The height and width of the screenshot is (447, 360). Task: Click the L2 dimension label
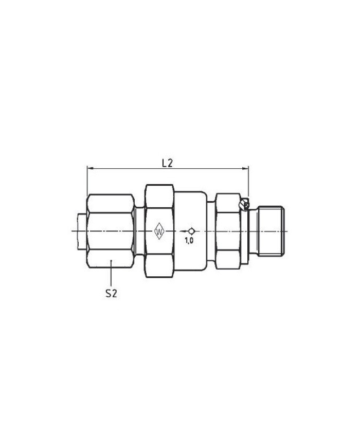(x=167, y=164)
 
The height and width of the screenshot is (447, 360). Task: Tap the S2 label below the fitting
(x=111, y=293)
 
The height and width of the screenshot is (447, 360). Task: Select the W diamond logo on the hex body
(x=159, y=230)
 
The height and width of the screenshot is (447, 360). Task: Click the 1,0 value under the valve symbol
(x=189, y=240)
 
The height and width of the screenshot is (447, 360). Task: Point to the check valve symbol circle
(x=191, y=230)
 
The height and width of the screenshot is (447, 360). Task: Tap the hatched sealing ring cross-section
(x=244, y=205)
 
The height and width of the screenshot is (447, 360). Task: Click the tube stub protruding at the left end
(x=82, y=230)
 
